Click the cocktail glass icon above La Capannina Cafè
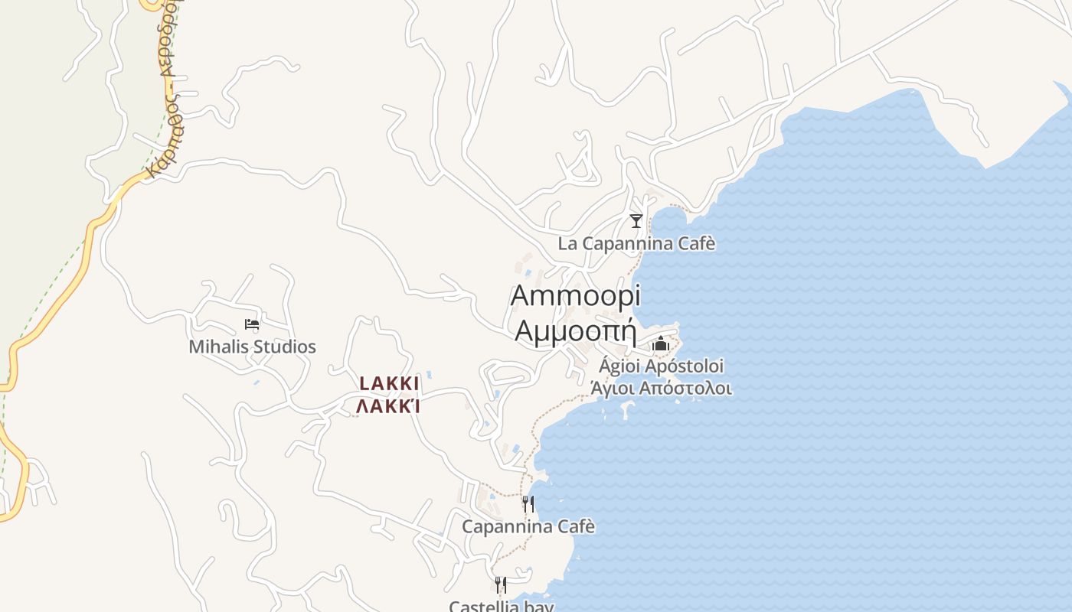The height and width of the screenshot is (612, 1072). tap(636, 221)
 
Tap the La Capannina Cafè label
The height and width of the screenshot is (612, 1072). tap(636, 244)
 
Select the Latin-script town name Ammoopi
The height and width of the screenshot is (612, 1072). tap(575, 295)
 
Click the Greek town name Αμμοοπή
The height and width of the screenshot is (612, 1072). tap(576, 330)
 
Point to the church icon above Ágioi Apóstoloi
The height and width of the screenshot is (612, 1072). tap(661, 344)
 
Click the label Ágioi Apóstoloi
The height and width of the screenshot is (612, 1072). tap(661, 366)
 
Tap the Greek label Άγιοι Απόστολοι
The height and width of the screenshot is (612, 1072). tap(661, 388)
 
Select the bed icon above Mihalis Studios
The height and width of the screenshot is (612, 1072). tap(252, 324)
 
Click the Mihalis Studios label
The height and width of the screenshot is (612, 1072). tap(252, 347)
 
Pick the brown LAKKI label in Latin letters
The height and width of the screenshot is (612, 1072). tap(389, 383)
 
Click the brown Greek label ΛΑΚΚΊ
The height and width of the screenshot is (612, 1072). tap(388, 406)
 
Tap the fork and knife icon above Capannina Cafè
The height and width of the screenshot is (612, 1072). tap(528, 503)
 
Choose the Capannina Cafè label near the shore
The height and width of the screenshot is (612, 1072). tap(528, 526)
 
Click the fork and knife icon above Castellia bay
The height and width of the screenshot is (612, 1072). tap(500, 585)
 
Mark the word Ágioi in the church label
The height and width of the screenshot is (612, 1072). tap(619, 366)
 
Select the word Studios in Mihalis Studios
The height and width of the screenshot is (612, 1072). tap(284, 347)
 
